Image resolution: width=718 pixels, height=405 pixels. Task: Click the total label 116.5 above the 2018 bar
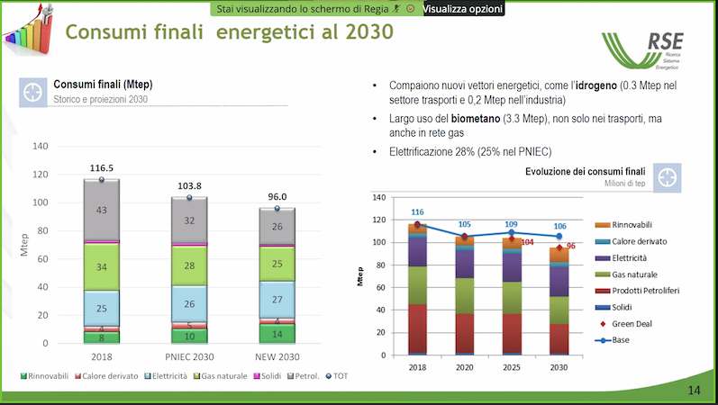click(102, 168)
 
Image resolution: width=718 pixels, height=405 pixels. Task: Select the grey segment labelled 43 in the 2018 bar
click(102, 210)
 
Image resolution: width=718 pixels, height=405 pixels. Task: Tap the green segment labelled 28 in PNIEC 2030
click(189, 265)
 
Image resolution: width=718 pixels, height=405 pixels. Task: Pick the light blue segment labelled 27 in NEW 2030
click(277, 299)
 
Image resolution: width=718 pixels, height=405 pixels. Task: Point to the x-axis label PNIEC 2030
click(189, 357)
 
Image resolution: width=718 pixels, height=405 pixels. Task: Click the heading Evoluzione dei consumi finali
click(586, 171)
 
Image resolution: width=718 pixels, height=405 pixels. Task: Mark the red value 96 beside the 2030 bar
click(570, 246)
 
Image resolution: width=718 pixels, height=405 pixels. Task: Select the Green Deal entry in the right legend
click(632, 324)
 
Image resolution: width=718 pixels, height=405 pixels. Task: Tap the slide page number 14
click(694, 390)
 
